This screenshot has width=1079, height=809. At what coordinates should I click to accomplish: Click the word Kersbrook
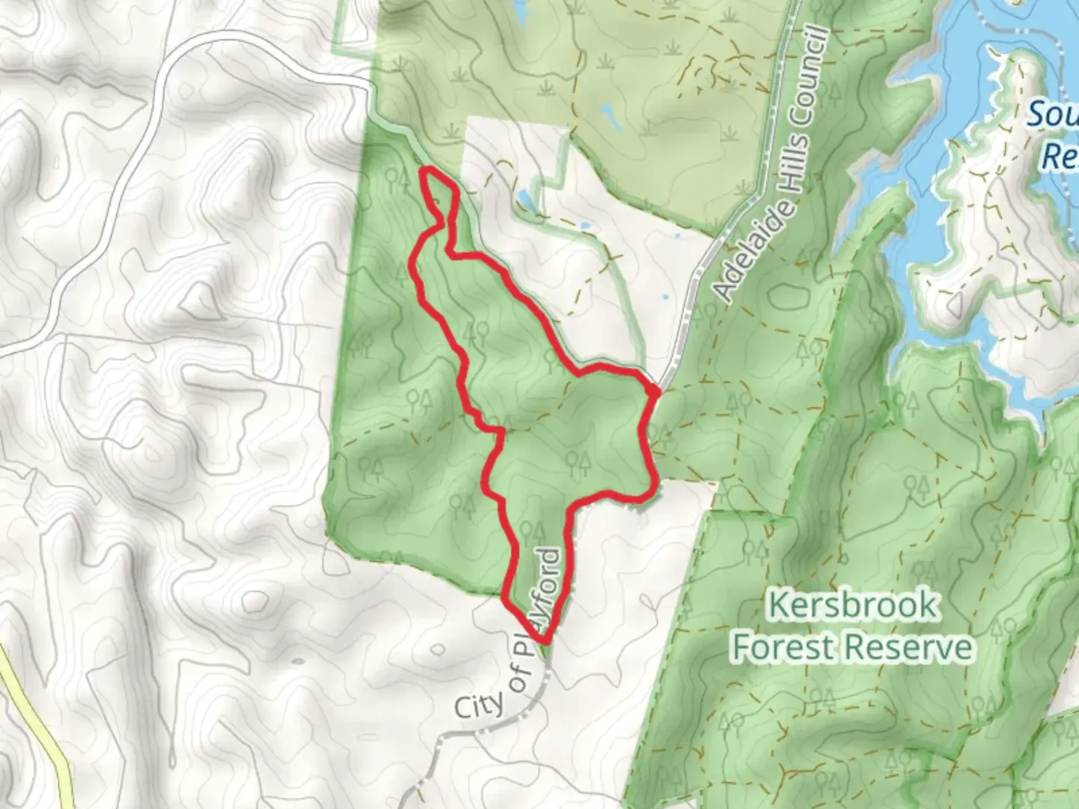pyautogui.click(x=853, y=605)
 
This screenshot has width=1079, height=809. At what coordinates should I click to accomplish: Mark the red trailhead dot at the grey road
pyautogui.click(x=653, y=390)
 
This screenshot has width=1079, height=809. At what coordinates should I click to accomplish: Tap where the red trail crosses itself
pyautogui.click(x=498, y=431)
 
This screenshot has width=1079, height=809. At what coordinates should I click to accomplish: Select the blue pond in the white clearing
pyautogui.click(x=525, y=199)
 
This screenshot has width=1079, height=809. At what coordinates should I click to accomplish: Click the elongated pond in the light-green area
pyautogui.click(x=611, y=116)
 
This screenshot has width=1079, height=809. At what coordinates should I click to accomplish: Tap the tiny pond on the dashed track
pyautogui.click(x=580, y=224)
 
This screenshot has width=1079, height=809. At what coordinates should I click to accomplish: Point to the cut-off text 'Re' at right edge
pyautogui.click(x=1060, y=158)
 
